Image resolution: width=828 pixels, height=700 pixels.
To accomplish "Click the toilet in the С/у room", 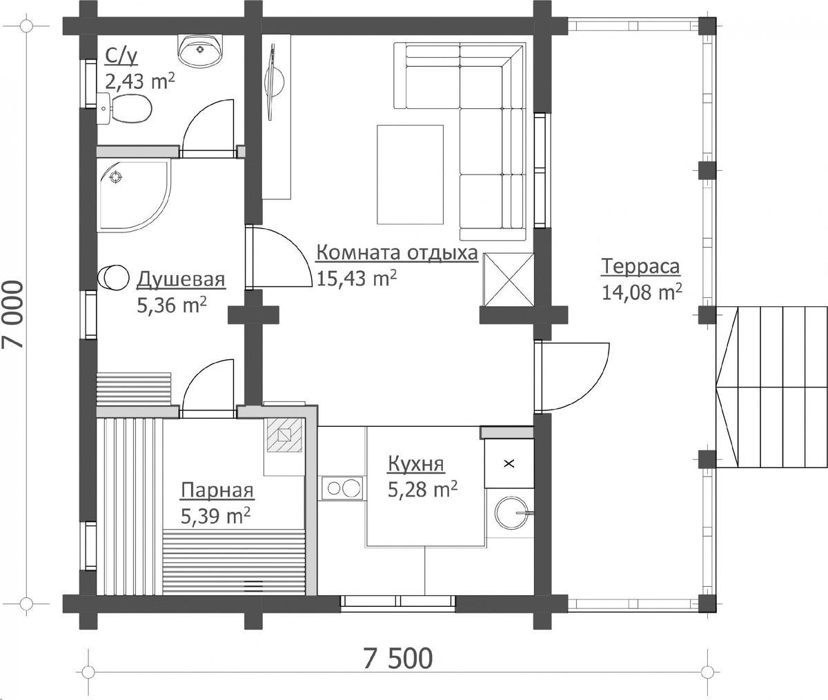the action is [x=125, y=108].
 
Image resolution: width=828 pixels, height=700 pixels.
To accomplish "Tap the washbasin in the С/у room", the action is [x=200, y=49].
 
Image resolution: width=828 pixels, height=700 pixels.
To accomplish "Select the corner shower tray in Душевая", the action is [x=134, y=195].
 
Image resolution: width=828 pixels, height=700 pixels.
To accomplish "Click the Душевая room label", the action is [x=181, y=279].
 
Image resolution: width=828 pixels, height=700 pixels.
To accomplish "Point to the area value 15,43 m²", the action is [x=357, y=279].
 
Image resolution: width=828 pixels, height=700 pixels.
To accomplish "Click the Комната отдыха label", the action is [x=397, y=253].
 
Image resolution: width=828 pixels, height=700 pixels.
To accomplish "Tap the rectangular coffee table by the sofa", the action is [x=410, y=174].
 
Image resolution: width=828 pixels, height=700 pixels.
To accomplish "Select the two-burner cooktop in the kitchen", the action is [x=343, y=488].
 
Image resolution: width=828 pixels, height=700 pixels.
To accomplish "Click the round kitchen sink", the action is [x=511, y=512].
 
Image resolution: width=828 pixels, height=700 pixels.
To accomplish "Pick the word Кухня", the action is [x=416, y=464].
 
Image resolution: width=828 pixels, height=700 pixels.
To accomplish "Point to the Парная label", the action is [x=217, y=490].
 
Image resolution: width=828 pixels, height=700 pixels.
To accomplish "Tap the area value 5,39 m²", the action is [x=215, y=516].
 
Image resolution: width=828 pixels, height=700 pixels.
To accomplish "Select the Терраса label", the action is [x=640, y=266].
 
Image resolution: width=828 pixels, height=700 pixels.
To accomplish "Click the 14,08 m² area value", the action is [x=642, y=292].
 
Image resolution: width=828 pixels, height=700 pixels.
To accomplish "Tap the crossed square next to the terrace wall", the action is [x=509, y=279].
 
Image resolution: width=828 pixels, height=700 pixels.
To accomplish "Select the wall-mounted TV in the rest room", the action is [x=273, y=82].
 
